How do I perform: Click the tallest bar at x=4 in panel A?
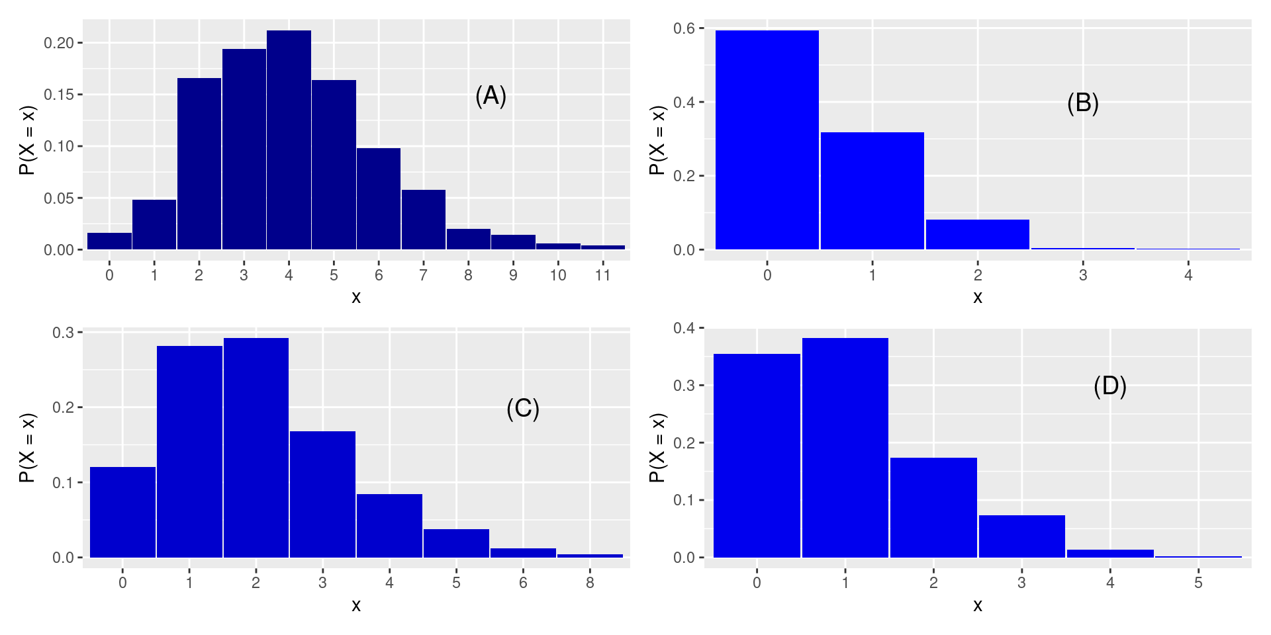tap(289, 140)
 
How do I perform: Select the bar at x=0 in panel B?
tap(767, 140)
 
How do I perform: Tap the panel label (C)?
tap(523, 409)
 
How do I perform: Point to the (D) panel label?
tap(1109, 386)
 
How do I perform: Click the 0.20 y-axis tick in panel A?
tap(58, 43)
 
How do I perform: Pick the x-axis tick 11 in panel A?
tap(602, 275)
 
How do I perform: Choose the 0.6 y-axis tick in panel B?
tap(684, 28)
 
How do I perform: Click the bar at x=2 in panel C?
tap(256, 448)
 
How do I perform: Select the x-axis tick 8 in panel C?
tap(590, 583)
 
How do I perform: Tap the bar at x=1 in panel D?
tap(845, 448)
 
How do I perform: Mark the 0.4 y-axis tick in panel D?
tap(684, 328)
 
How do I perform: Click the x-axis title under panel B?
tap(978, 298)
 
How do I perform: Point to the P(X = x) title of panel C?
tap(27, 448)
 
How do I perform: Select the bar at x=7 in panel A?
tap(423, 220)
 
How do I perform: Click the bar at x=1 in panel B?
tap(872, 191)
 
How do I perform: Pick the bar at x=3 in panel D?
tap(1021, 536)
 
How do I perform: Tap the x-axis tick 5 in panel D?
tap(1198, 583)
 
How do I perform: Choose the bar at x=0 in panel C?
tap(122, 513)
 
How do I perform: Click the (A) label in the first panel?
tap(491, 97)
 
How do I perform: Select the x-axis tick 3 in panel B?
tap(1083, 275)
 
